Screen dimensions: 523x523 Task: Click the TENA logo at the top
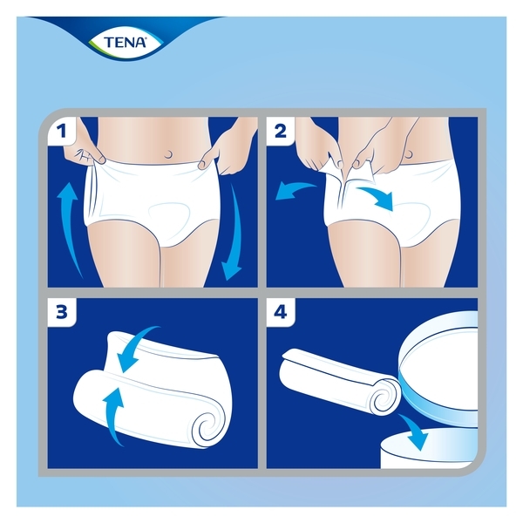pyautogui.click(x=119, y=41)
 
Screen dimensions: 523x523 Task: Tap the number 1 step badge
pyautogui.click(x=61, y=133)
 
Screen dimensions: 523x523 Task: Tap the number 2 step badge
pyautogui.click(x=282, y=133)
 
